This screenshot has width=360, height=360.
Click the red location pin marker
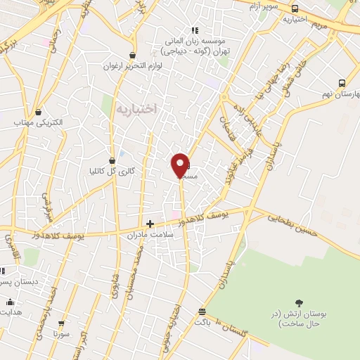[181, 165]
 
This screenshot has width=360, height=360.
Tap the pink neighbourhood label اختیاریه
[136, 108]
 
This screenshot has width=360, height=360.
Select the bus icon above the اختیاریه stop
[294, 8]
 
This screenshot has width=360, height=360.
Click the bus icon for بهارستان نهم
[342, 83]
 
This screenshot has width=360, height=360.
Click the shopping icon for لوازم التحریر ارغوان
[132, 55]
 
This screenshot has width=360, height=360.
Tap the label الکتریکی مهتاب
[39, 122]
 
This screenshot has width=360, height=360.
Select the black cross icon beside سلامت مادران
[150, 224]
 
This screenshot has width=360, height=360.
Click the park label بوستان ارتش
[297, 318]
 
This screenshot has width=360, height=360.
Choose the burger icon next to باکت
[202, 311]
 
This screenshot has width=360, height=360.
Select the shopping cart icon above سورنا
[62, 324]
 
